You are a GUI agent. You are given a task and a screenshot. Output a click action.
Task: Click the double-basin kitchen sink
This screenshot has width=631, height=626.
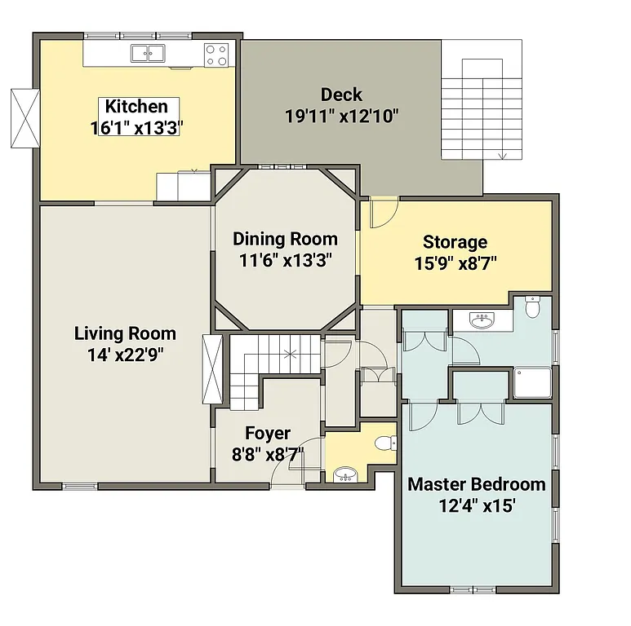148,54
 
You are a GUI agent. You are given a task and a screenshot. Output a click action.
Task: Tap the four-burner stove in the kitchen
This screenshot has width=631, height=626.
216,55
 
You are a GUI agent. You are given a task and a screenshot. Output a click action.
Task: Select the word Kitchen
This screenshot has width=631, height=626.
136,106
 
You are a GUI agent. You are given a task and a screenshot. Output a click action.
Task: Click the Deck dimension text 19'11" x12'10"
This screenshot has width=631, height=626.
341,116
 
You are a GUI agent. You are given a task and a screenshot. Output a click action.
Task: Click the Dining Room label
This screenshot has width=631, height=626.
285,239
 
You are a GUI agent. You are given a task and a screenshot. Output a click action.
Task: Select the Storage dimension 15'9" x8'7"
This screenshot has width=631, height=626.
455,262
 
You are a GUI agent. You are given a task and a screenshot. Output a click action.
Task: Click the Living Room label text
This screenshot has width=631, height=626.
125,333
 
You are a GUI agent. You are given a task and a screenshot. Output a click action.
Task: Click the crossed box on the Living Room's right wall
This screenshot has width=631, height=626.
211,369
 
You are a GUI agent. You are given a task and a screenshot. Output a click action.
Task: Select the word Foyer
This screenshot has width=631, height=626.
267,434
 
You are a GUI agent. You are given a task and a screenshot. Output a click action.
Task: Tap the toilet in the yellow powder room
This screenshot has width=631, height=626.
384,443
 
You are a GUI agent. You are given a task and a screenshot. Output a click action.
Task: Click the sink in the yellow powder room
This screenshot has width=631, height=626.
344,474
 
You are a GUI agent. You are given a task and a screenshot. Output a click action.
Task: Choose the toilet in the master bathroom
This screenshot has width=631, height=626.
532,307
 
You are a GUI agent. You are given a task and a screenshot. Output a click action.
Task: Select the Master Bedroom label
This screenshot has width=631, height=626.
476,484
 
